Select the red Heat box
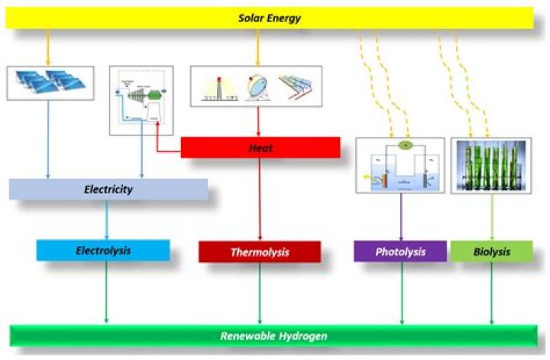(260, 147)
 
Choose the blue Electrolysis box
(103, 251)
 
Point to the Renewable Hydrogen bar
(275, 336)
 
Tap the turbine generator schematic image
(141, 100)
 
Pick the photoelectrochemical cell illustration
(400, 164)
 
